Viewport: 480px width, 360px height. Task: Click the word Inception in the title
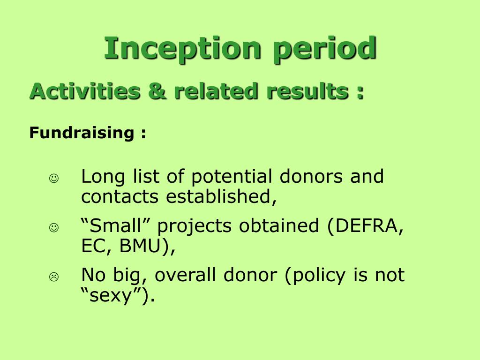tap(182, 49)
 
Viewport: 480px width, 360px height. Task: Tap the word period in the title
tap(324, 49)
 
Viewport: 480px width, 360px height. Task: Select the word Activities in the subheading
tap(85, 91)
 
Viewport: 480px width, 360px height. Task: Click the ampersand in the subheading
tap(157, 91)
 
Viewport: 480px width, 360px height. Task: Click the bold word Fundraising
tap(82, 133)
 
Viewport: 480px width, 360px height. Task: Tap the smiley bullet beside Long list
tap(54, 178)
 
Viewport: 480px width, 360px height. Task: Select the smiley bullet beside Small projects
tap(54, 227)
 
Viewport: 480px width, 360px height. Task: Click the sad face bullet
tap(54, 277)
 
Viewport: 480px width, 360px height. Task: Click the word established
tap(221, 196)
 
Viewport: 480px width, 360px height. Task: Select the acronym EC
tap(96, 246)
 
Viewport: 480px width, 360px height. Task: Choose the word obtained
tap(279, 225)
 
